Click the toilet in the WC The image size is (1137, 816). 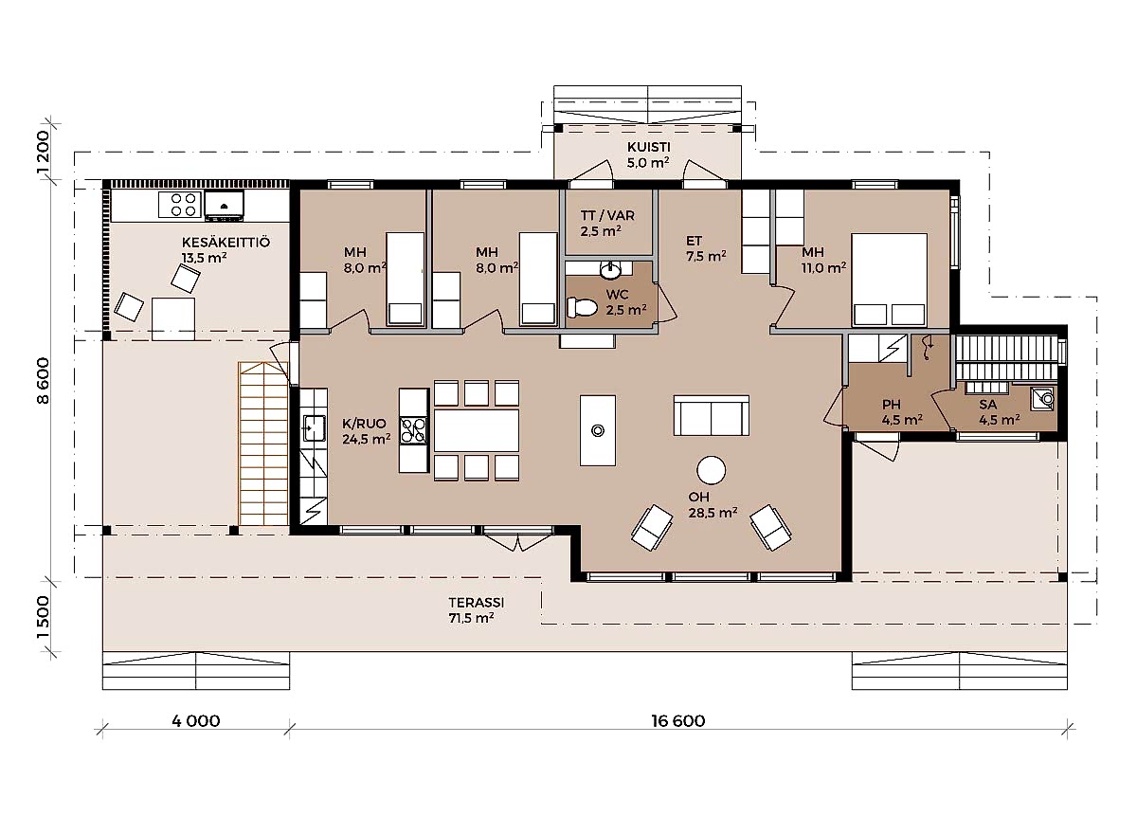coord(584,307)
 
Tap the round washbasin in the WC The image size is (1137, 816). coord(609,271)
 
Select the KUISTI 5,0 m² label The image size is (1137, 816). coord(648,154)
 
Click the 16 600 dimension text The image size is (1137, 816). coord(678,721)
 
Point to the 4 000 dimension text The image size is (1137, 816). coord(196,721)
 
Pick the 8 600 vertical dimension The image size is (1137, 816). coord(44,381)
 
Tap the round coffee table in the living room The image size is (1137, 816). coord(711,470)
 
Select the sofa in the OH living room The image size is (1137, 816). coord(712,415)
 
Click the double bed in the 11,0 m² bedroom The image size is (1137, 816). coord(889,280)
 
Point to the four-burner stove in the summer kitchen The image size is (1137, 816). coord(180,205)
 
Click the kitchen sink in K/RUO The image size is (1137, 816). coord(315,428)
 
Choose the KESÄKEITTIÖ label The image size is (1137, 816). coord(226,243)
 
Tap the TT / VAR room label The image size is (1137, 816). coord(607,215)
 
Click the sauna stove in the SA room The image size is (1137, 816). coord(1042,399)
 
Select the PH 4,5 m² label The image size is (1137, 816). coord(901,412)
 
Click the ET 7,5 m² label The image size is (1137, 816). coord(706,249)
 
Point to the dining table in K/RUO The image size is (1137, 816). coord(476,430)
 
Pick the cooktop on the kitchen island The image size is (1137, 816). coord(413,430)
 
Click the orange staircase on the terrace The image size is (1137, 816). coord(263,444)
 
